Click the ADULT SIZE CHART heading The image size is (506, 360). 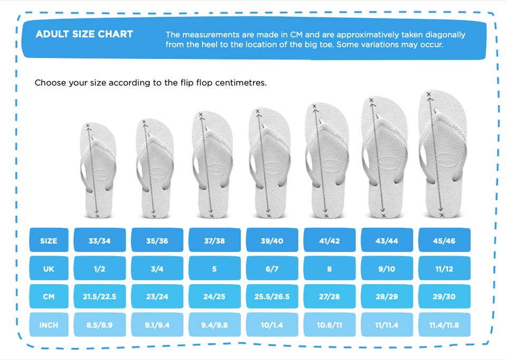point(84,34)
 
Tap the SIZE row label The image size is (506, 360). point(48,240)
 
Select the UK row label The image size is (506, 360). point(48,268)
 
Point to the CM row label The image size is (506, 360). point(48,296)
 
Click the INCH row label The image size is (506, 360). point(48,325)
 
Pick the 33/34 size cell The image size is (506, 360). point(100,240)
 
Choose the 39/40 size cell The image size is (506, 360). point(272,240)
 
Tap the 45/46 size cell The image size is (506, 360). point(444,240)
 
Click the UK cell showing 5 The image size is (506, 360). point(215,268)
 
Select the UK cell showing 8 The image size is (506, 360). point(329,268)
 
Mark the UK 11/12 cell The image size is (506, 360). point(444,268)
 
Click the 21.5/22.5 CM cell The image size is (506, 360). point(100,296)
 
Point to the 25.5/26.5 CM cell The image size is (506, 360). point(272,296)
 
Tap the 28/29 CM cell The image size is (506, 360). point(387,296)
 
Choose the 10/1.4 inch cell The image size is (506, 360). point(272,325)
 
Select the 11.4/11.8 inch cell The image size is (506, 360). point(444,325)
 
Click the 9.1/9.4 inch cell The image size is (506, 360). point(157,325)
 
